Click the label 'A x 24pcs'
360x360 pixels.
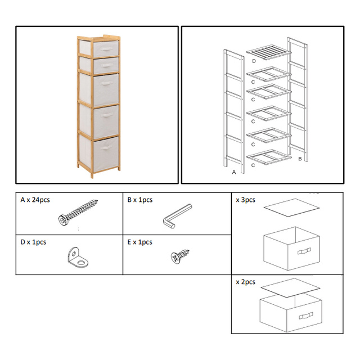click(x=37, y=200)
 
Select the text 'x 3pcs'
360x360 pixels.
click(x=246, y=200)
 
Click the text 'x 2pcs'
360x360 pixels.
click(x=246, y=282)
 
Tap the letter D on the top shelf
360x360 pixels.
click(x=254, y=61)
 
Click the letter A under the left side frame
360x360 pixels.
click(x=234, y=173)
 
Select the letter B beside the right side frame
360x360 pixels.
click(x=300, y=159)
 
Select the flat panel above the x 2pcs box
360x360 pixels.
click(x=291, y=287)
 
